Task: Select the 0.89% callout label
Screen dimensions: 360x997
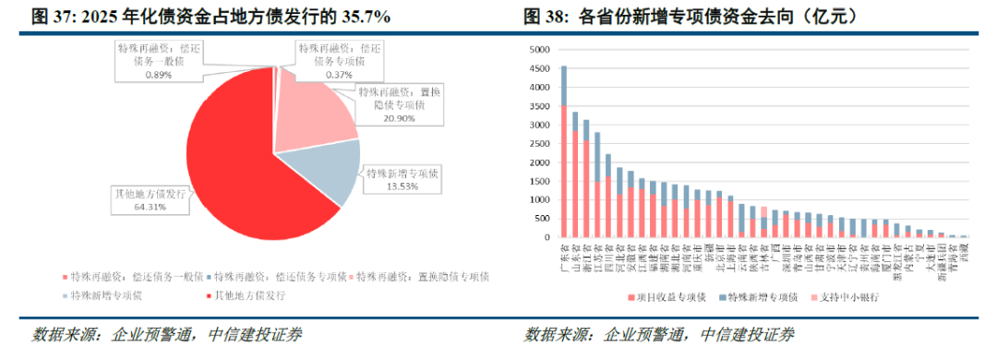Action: coord(158,73)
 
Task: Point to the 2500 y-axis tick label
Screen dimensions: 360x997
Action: coord(539,144)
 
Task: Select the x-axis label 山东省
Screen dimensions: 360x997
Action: coord(575,255)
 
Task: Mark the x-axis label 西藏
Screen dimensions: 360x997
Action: coord(964,250)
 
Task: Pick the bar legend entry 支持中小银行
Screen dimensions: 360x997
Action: coord(845,296)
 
